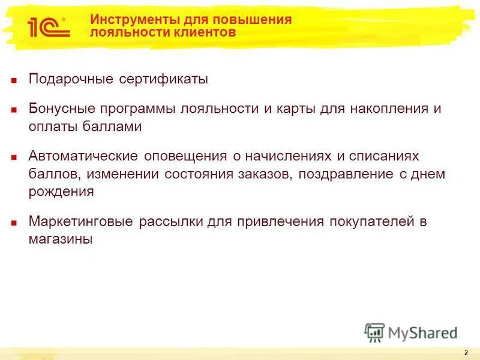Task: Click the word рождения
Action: point(61,191)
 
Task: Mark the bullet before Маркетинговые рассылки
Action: point(14,222)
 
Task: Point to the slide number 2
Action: point(466,352)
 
